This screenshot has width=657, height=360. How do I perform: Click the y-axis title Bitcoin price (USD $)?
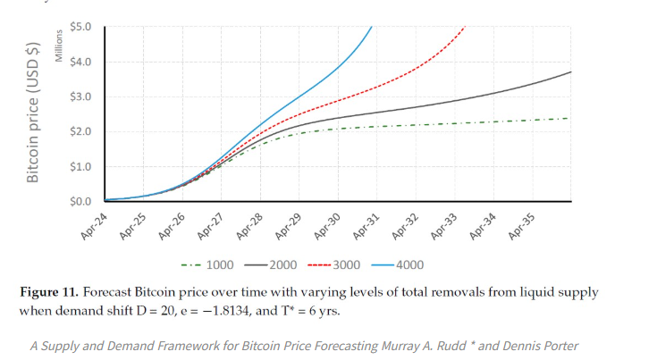(33, 112)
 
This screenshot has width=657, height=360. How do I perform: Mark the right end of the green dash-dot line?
(569, 118)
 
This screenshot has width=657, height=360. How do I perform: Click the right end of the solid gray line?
(571, 71)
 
